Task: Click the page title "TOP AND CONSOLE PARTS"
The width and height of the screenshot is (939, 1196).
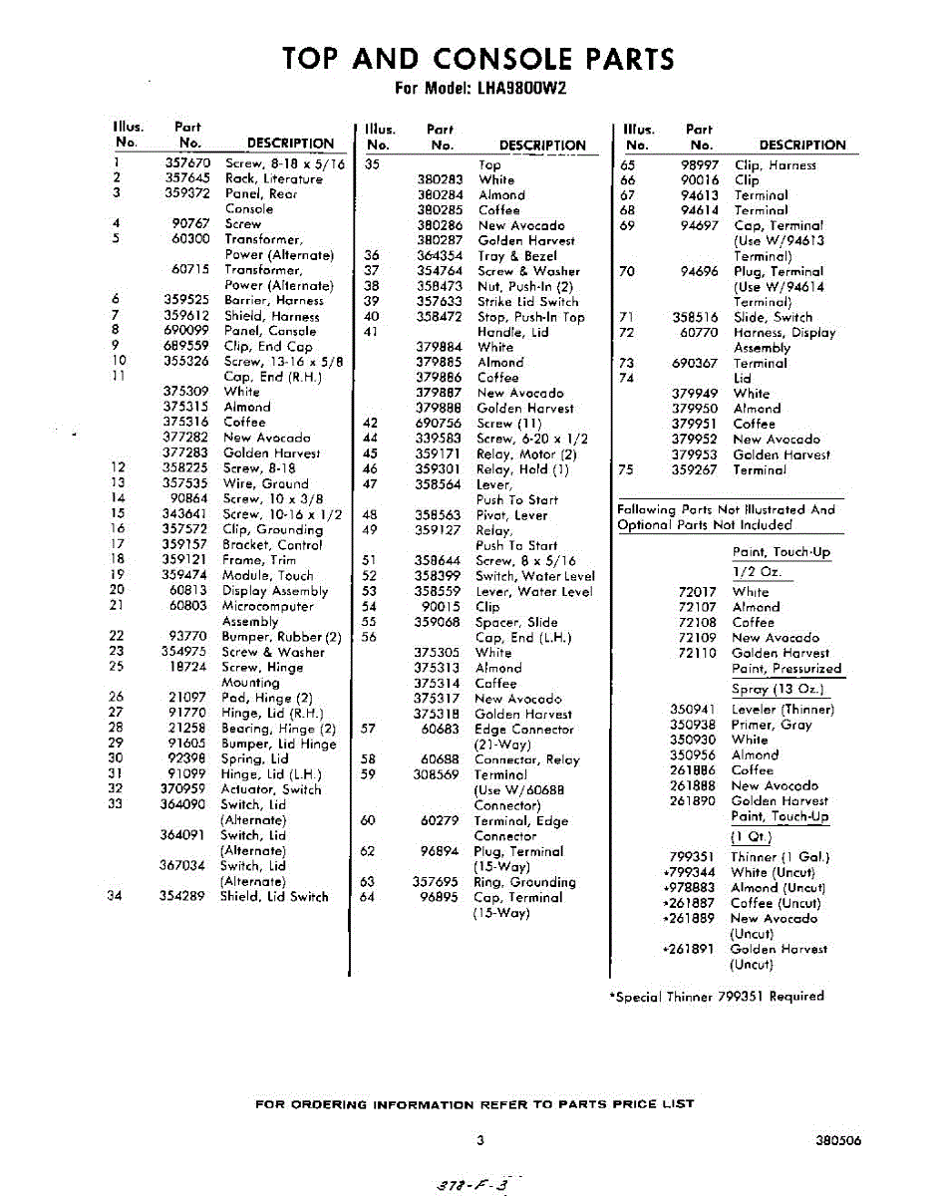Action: (x=478, y=59)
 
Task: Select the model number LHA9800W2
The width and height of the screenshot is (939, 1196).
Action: (x=520, y=88)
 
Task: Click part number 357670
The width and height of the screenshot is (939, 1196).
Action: (x=186, y=163)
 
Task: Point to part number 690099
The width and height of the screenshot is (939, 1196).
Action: (x=186, y=331)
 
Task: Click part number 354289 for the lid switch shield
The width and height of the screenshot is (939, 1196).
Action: (x=181, y=896)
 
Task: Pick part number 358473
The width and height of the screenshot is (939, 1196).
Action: (x=439, y=286)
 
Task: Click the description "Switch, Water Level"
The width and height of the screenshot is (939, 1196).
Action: (x=534, y=576)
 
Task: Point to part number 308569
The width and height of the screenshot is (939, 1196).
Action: (x=438, y=774)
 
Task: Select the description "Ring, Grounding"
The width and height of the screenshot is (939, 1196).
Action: (x=523, y=882)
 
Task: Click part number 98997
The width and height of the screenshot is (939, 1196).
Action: (x=700, y=165)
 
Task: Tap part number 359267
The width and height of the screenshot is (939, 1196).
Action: (x=694, y=469)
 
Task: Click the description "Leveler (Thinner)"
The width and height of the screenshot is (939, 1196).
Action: (x=782, y=710)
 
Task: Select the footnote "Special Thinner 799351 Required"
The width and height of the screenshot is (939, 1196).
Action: (x=717, y=996)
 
